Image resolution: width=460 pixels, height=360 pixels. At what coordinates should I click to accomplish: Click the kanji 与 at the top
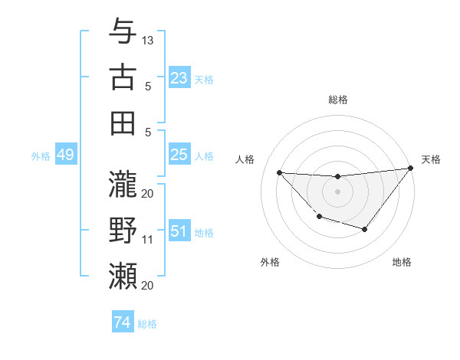pyautogui.click(x=123, y=31)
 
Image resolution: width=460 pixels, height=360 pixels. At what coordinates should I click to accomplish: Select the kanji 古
pyautogui.click(x=123, y=77)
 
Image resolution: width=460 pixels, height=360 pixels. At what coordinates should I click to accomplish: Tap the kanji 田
pyautogui.click(x=123, y=123)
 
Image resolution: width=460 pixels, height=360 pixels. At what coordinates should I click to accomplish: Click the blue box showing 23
pyautogui.click(x=179, y=78)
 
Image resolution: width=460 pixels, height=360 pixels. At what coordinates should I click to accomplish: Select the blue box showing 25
pyautogui.click(x=179, y=155)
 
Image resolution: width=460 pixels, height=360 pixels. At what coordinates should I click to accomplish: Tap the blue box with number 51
pyautogui.click(x=179, y=232)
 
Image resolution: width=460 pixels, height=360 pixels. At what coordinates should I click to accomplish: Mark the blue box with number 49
pyautogui.click(x=65, y=155)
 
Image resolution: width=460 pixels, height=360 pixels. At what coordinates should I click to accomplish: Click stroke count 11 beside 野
pyautogui.click(x=148, y=240)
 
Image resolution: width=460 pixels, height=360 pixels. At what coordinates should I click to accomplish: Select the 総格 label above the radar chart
pyautogui.click(x=337, y=100)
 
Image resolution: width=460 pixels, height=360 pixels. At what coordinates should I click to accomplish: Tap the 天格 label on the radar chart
pyautogui.click(x=431, y=159)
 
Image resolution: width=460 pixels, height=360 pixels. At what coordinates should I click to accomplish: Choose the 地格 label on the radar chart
pyautogui.click(x=402, y=262)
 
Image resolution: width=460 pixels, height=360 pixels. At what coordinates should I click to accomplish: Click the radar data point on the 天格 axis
pyautogui.click(x=410, y=169)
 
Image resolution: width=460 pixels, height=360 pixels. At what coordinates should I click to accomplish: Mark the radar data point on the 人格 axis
pyautogui.click(x=279, y=172)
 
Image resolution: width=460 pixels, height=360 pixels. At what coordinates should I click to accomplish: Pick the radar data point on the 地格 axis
pyautogui.click(x=365, y=229)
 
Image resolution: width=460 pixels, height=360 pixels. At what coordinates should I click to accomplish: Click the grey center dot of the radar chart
pyautogui.click(x=337, y=191)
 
